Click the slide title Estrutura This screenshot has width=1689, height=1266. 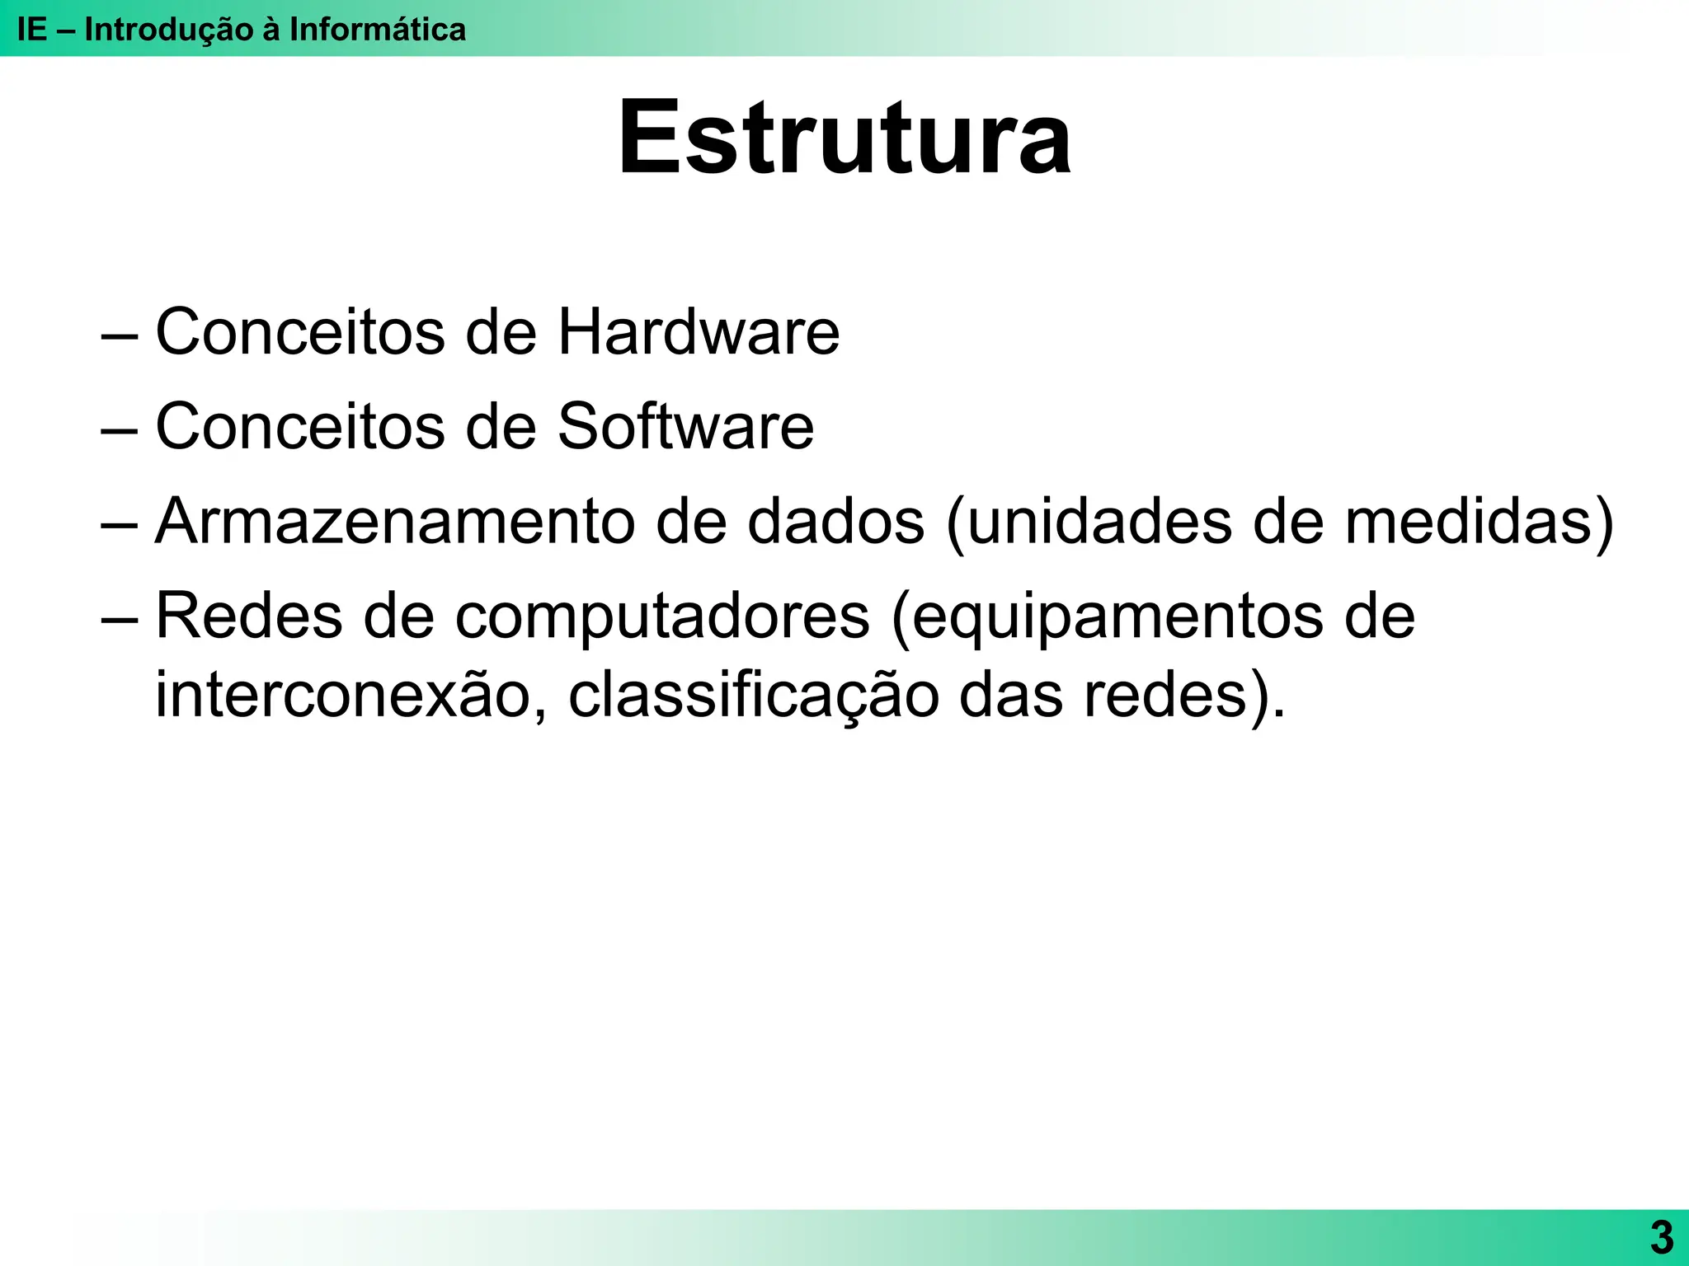coord(844,138)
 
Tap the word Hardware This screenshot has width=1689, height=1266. coord(699,332)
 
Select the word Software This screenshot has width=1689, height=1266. coord(685,427)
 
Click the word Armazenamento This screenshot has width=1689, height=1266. coord(395,522)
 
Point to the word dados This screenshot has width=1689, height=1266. coord(835,522)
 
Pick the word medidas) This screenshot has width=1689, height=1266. coord(1479,522)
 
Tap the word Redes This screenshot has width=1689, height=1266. coord(248,617)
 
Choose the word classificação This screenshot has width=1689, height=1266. coord(753,696)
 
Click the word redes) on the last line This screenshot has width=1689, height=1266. coord(1184,696)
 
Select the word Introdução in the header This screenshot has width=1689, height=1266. coord(170,30)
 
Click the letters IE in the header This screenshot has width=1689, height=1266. coord(32,30)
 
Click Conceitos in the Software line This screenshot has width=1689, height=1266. coord(300,427)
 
